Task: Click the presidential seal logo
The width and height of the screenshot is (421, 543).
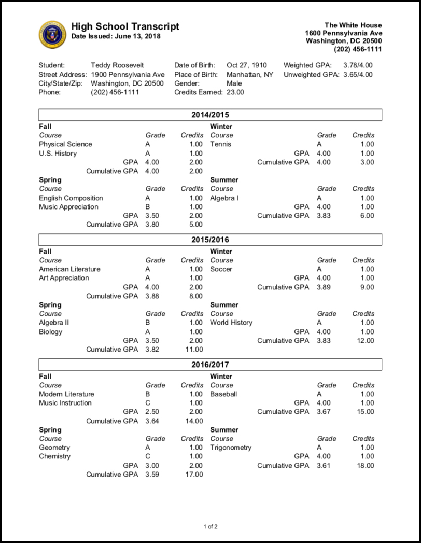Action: (52, 35)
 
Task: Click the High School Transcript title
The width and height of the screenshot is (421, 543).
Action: (125, 26)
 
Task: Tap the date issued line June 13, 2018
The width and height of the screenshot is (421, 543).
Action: (116, 36)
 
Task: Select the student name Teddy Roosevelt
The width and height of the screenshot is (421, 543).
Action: (114, 65)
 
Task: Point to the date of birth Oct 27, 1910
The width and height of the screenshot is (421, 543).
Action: (247, 65)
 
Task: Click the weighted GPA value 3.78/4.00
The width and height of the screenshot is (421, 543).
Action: (358, 65)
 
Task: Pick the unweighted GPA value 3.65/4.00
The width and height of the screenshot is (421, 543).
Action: (358, 74)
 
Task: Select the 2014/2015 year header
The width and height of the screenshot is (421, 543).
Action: (210, 115)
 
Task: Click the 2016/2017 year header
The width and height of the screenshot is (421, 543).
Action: (210, 365)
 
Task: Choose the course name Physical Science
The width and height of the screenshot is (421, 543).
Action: (65, 144)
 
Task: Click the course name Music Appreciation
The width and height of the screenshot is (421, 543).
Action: (68, 207)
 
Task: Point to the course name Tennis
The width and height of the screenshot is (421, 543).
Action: (220, 144)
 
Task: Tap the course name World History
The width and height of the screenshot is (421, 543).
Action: (231, 323)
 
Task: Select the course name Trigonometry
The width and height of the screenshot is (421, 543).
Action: (231, 448)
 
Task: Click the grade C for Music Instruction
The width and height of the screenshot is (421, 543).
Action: (148, 403)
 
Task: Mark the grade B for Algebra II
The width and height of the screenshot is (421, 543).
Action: (148, 323)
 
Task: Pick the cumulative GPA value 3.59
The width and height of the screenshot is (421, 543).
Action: (152, 475)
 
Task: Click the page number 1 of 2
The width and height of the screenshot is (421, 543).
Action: (210, 527)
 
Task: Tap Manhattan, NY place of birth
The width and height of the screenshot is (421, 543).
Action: (250, 74)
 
